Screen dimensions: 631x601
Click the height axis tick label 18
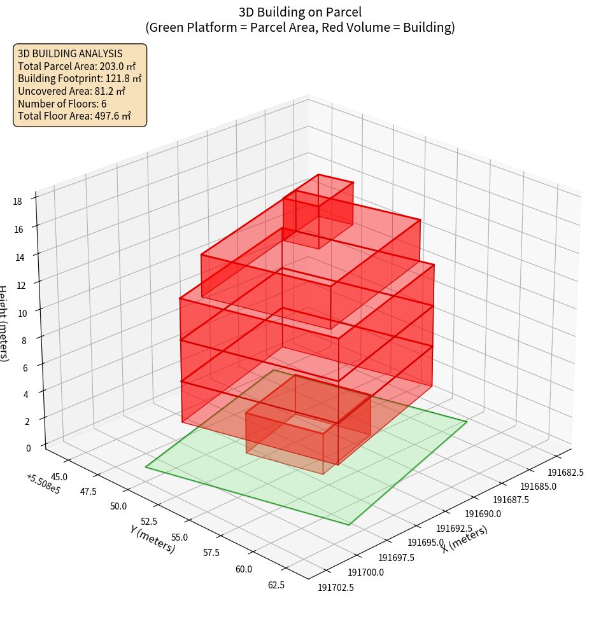[x=17, y=202]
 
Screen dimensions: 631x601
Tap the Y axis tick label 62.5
[x=276, y=585]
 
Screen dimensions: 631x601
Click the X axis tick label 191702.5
[x=336, y=587]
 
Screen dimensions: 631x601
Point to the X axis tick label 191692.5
[x=454, y=528]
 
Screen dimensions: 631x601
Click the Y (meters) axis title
[x=152, y=537]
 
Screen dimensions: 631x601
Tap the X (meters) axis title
[x=465, y=539]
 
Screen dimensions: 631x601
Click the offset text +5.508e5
[x=43, y=483]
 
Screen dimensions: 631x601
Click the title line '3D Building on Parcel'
[x=300, y=12]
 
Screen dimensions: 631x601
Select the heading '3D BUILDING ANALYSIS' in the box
[x=70, y=54]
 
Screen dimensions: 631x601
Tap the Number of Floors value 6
[x=104, y=104]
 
